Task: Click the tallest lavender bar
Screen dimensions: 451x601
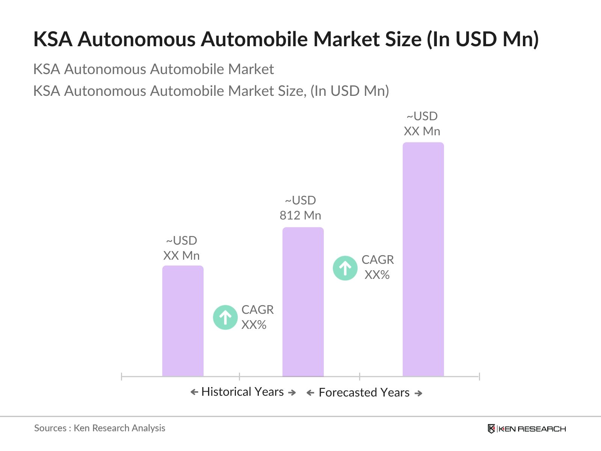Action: coord(423,259)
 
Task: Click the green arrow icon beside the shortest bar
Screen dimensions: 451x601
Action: coord(225,318)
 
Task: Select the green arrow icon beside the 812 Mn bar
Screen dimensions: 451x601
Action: coord(345,268)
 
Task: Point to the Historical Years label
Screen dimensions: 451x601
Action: coord(242,392)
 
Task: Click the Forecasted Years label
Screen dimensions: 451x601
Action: coord(364,392)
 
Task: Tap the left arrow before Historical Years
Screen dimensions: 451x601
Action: coord(194,392)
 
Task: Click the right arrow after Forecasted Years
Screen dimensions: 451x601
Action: coord(418,393)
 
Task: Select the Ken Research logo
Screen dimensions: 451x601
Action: coord(527,429)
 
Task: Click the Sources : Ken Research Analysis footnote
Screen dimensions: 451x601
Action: coord(100,428)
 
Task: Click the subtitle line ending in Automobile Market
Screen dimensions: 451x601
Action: coord(153,69)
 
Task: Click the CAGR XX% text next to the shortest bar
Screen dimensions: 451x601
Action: coord(257,317)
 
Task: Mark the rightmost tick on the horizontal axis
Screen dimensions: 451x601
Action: coord(479,376)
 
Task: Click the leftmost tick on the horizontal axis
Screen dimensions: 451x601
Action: coord(122,376)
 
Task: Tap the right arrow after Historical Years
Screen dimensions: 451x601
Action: coord(292,392)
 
